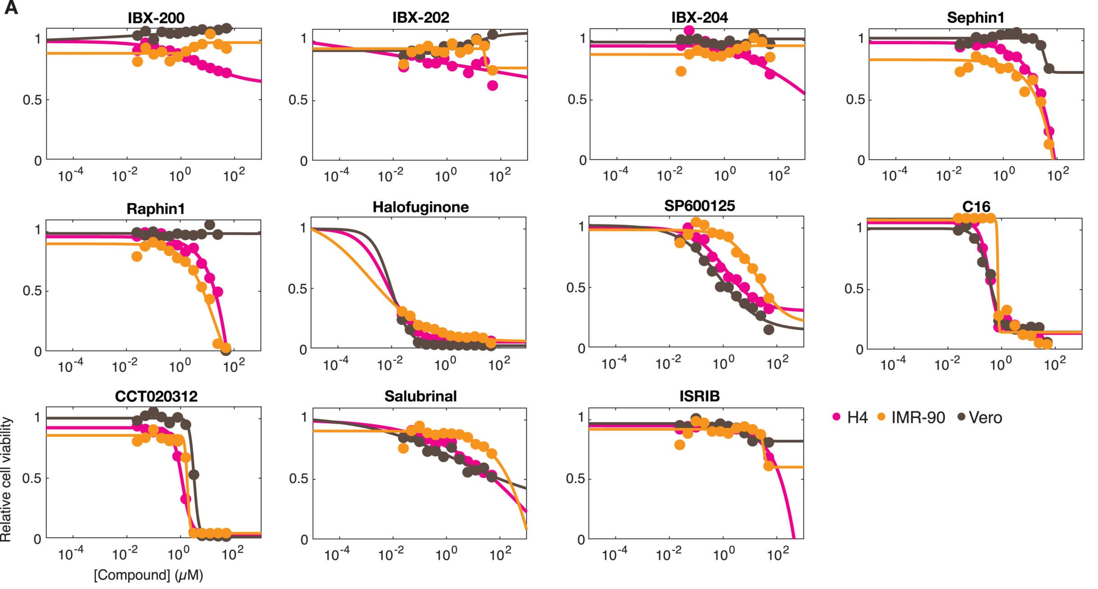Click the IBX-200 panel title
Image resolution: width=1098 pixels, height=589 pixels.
coord(156,18)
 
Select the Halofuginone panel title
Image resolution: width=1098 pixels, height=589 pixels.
coord(420,207)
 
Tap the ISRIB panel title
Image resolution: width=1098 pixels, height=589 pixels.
coord(699,396)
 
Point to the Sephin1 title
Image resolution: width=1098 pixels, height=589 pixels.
coord(975,18)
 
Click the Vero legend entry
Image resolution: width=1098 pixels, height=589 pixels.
coord(979,417)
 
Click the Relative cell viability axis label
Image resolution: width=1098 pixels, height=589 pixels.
coord(6,479)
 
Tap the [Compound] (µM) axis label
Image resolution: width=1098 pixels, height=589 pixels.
coord(148,575)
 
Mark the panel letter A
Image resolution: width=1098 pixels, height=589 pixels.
coord(11,8)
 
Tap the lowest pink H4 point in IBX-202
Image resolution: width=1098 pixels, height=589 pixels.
coord(492,85)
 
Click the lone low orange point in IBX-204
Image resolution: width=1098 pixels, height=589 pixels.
coord(681,71)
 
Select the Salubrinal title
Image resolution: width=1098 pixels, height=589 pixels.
coord(420,396)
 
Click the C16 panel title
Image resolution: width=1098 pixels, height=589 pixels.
coord(976,207)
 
